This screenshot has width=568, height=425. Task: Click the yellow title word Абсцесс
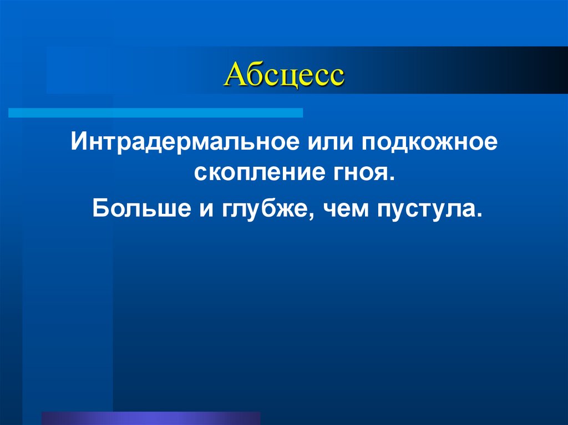pos(283,75)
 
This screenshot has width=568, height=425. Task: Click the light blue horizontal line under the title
pos(156,113)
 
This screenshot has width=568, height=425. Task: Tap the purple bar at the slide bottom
pos(150,418)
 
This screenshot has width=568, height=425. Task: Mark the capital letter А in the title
pos(233,75)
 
